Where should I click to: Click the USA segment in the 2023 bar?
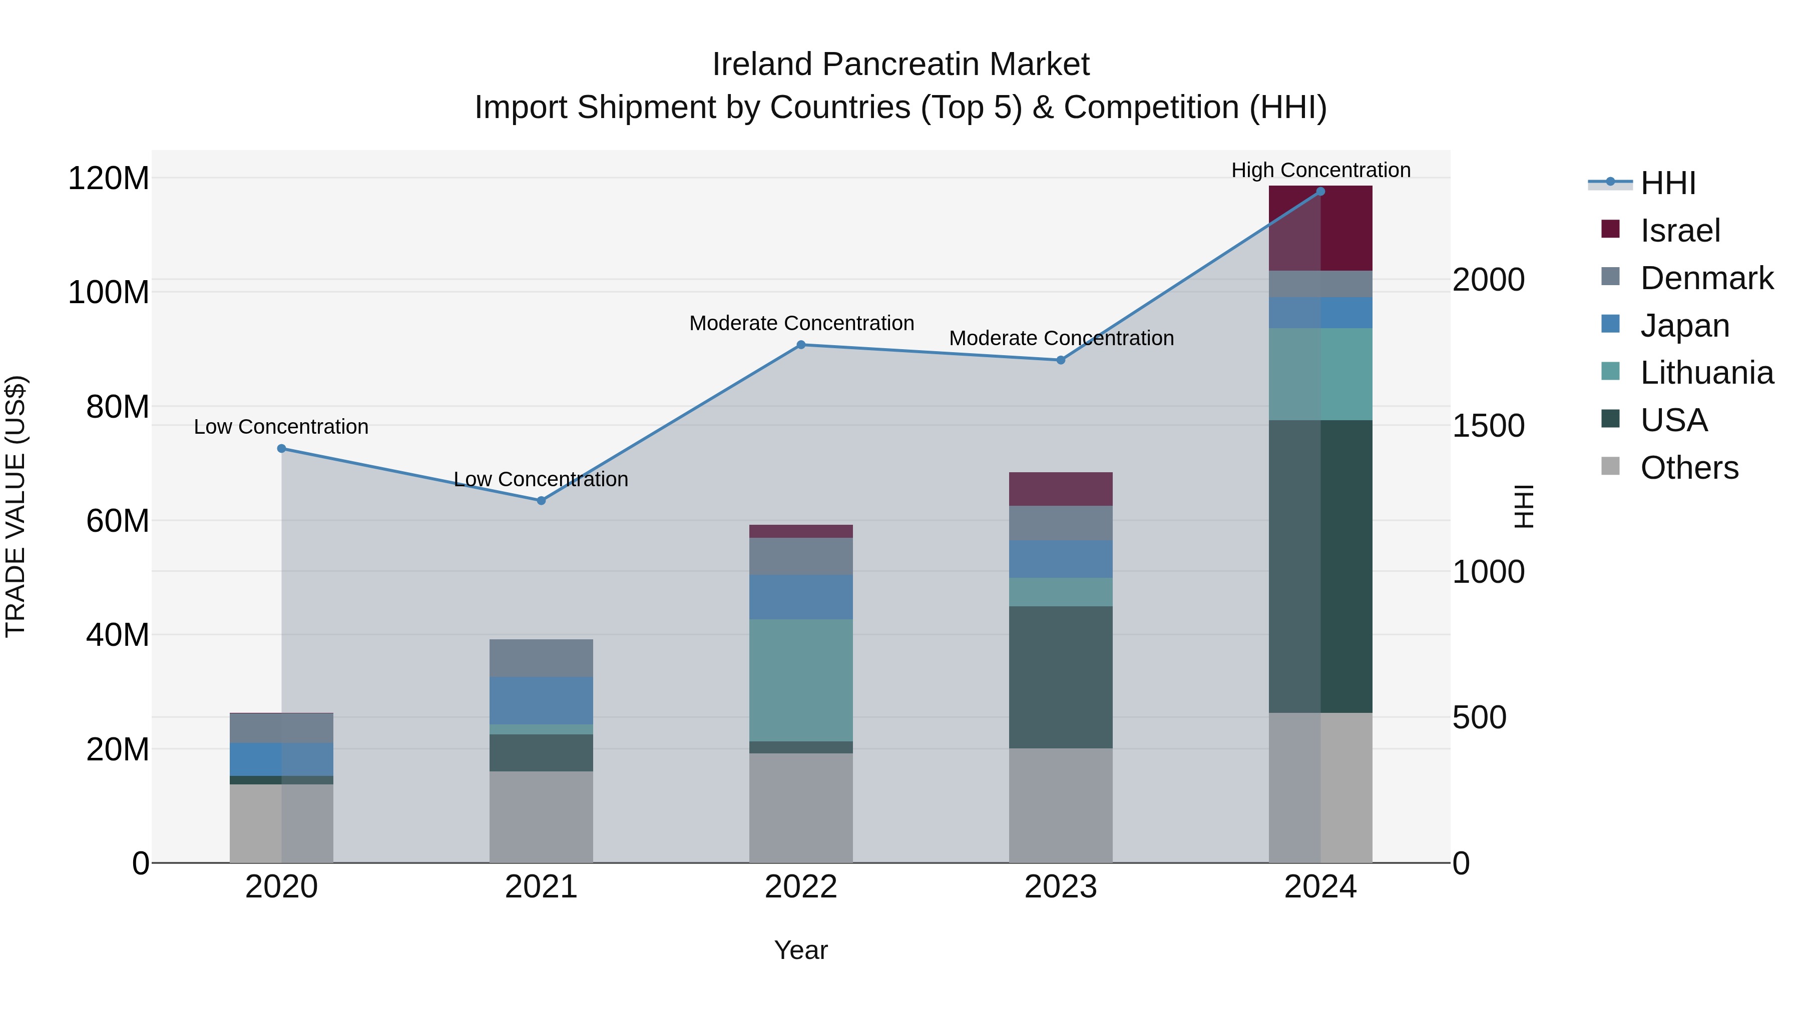[1061, 677]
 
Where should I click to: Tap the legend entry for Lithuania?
[1706, 373]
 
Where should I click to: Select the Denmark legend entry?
[1706, 278]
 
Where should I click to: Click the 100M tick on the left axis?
[109, 292]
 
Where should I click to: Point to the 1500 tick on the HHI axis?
[1488, 426]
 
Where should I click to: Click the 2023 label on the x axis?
[1061, 887]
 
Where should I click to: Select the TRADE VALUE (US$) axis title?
[16, 506]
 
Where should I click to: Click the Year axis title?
[800, 950]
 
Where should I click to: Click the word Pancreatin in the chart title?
[900, 65]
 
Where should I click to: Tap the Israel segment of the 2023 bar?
[1061, 489]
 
